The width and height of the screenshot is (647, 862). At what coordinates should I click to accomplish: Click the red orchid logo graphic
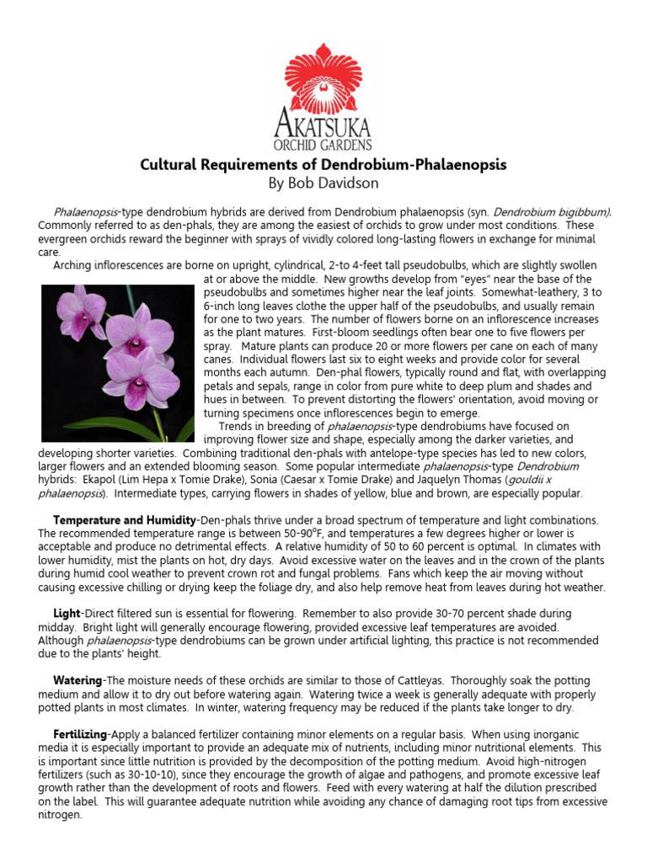323,80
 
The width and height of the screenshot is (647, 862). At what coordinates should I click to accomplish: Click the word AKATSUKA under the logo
323,127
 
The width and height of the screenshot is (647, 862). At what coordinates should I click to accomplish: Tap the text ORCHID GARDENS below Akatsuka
323,146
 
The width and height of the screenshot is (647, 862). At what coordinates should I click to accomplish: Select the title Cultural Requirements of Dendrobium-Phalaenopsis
323,164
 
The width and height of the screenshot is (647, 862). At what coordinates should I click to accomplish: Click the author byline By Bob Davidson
323,183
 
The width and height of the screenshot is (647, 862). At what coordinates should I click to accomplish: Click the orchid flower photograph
118,363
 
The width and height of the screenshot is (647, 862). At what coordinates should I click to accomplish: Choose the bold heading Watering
78,680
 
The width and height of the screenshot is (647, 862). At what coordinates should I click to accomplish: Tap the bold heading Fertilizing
82,734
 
